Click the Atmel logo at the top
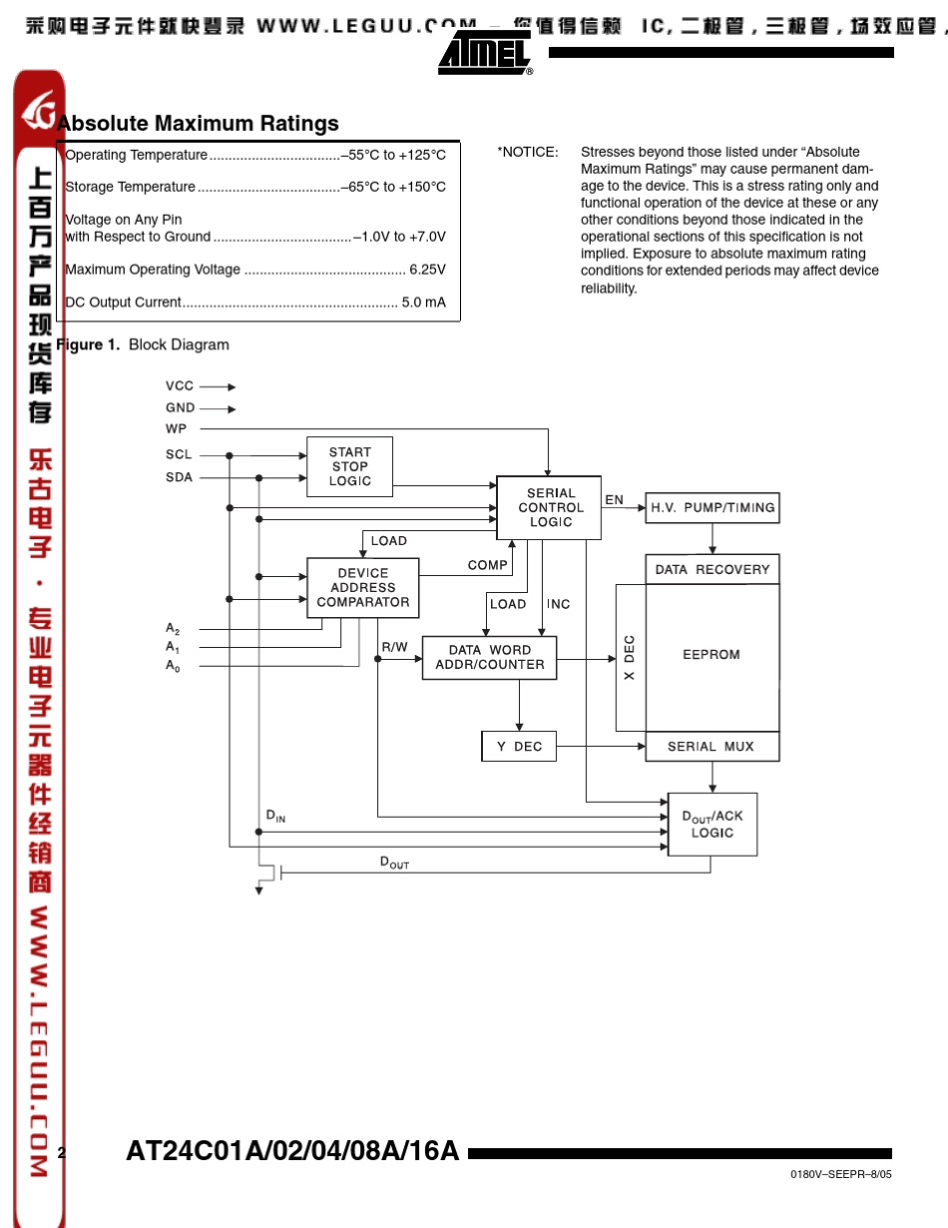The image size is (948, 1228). pyautogui.click(x=485, y=52)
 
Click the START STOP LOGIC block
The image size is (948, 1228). pyautogui.click(x=349, y=467)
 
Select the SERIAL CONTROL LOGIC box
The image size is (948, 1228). pyautogui.click(x=549, y=507)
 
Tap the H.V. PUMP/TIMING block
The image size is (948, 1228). pyautogui.click(x=712, y=507)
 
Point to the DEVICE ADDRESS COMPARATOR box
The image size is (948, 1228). pyautogui.click(x=363, y=588)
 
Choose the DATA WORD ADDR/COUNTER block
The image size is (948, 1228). pyautogui.click(x=490, y=658)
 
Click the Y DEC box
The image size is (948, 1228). pyautogui.click(x=519, y=747)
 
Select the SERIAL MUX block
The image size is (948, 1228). pyautogui.click(x=712, y=747)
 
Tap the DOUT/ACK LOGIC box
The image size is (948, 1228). pyautogui.click(x=712, y=824)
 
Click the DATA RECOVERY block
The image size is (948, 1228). pyautogui.click(x=712, y=569)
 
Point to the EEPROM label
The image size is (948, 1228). pyautogui.click(x=711, y=654)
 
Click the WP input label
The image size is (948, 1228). pyautogui.click(x=177, y=429)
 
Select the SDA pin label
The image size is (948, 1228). pyautogui.click(x=179, y=477)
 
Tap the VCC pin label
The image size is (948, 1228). pyautogui.click(x=180, y=386)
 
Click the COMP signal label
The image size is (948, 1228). pyautogui.click(x=487, y=565)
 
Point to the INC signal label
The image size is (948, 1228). pyautogui.click(x=559, y=604)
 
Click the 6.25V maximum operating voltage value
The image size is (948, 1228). pyautogui.click(x=427, y=270)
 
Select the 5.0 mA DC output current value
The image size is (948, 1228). pyautogui.click(x=423, y=303)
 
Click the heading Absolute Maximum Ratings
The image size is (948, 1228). pyautogui.click(x=198, y=123)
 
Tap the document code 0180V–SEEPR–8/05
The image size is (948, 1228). pyautogui.click(x=840, y=1174)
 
